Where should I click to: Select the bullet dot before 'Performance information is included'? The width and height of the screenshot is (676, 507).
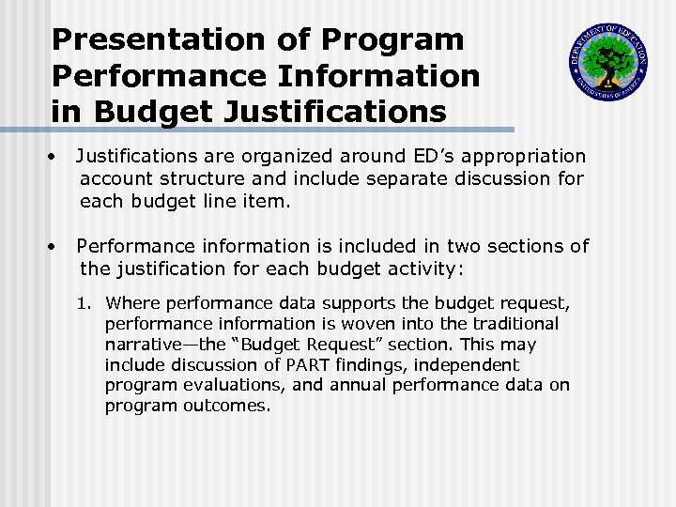click(58, 247)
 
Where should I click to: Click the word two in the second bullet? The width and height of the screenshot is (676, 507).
click(465, 247)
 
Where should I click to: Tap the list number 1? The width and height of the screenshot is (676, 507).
click(84, 303)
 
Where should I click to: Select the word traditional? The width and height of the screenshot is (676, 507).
click(513, 324)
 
